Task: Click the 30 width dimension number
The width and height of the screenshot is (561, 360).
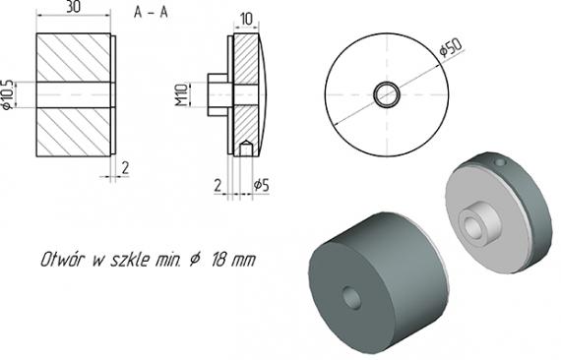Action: click(73, 7)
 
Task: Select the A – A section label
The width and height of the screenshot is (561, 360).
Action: click(151, 13)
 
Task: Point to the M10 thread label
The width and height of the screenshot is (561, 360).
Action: click(181, 94)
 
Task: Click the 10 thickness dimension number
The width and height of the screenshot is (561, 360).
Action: click(246, 19)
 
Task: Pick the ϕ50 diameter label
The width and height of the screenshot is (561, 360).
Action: click(451, 47)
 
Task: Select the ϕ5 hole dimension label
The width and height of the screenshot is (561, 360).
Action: click(261, 185)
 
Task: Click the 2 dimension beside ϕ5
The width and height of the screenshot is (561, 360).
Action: click(218, 186)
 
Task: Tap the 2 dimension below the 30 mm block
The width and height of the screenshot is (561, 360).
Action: click(125, 168)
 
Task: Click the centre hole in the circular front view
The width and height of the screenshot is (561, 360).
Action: click(387, 94)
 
